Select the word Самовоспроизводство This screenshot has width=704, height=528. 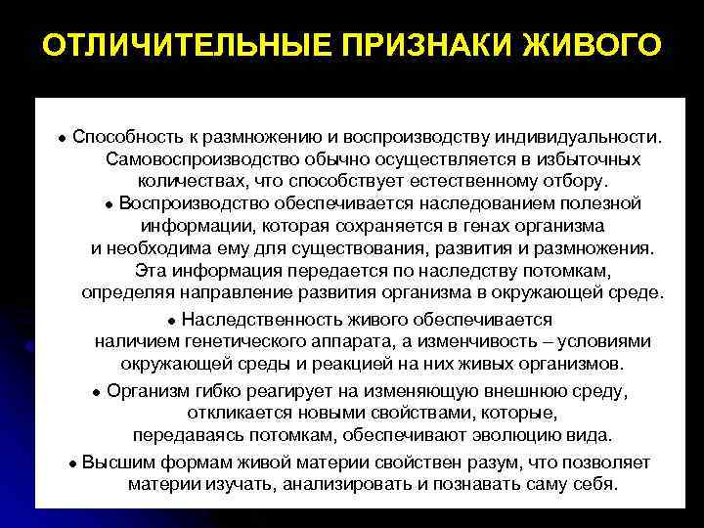coord(201,157)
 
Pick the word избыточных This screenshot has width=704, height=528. coord(591,157)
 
